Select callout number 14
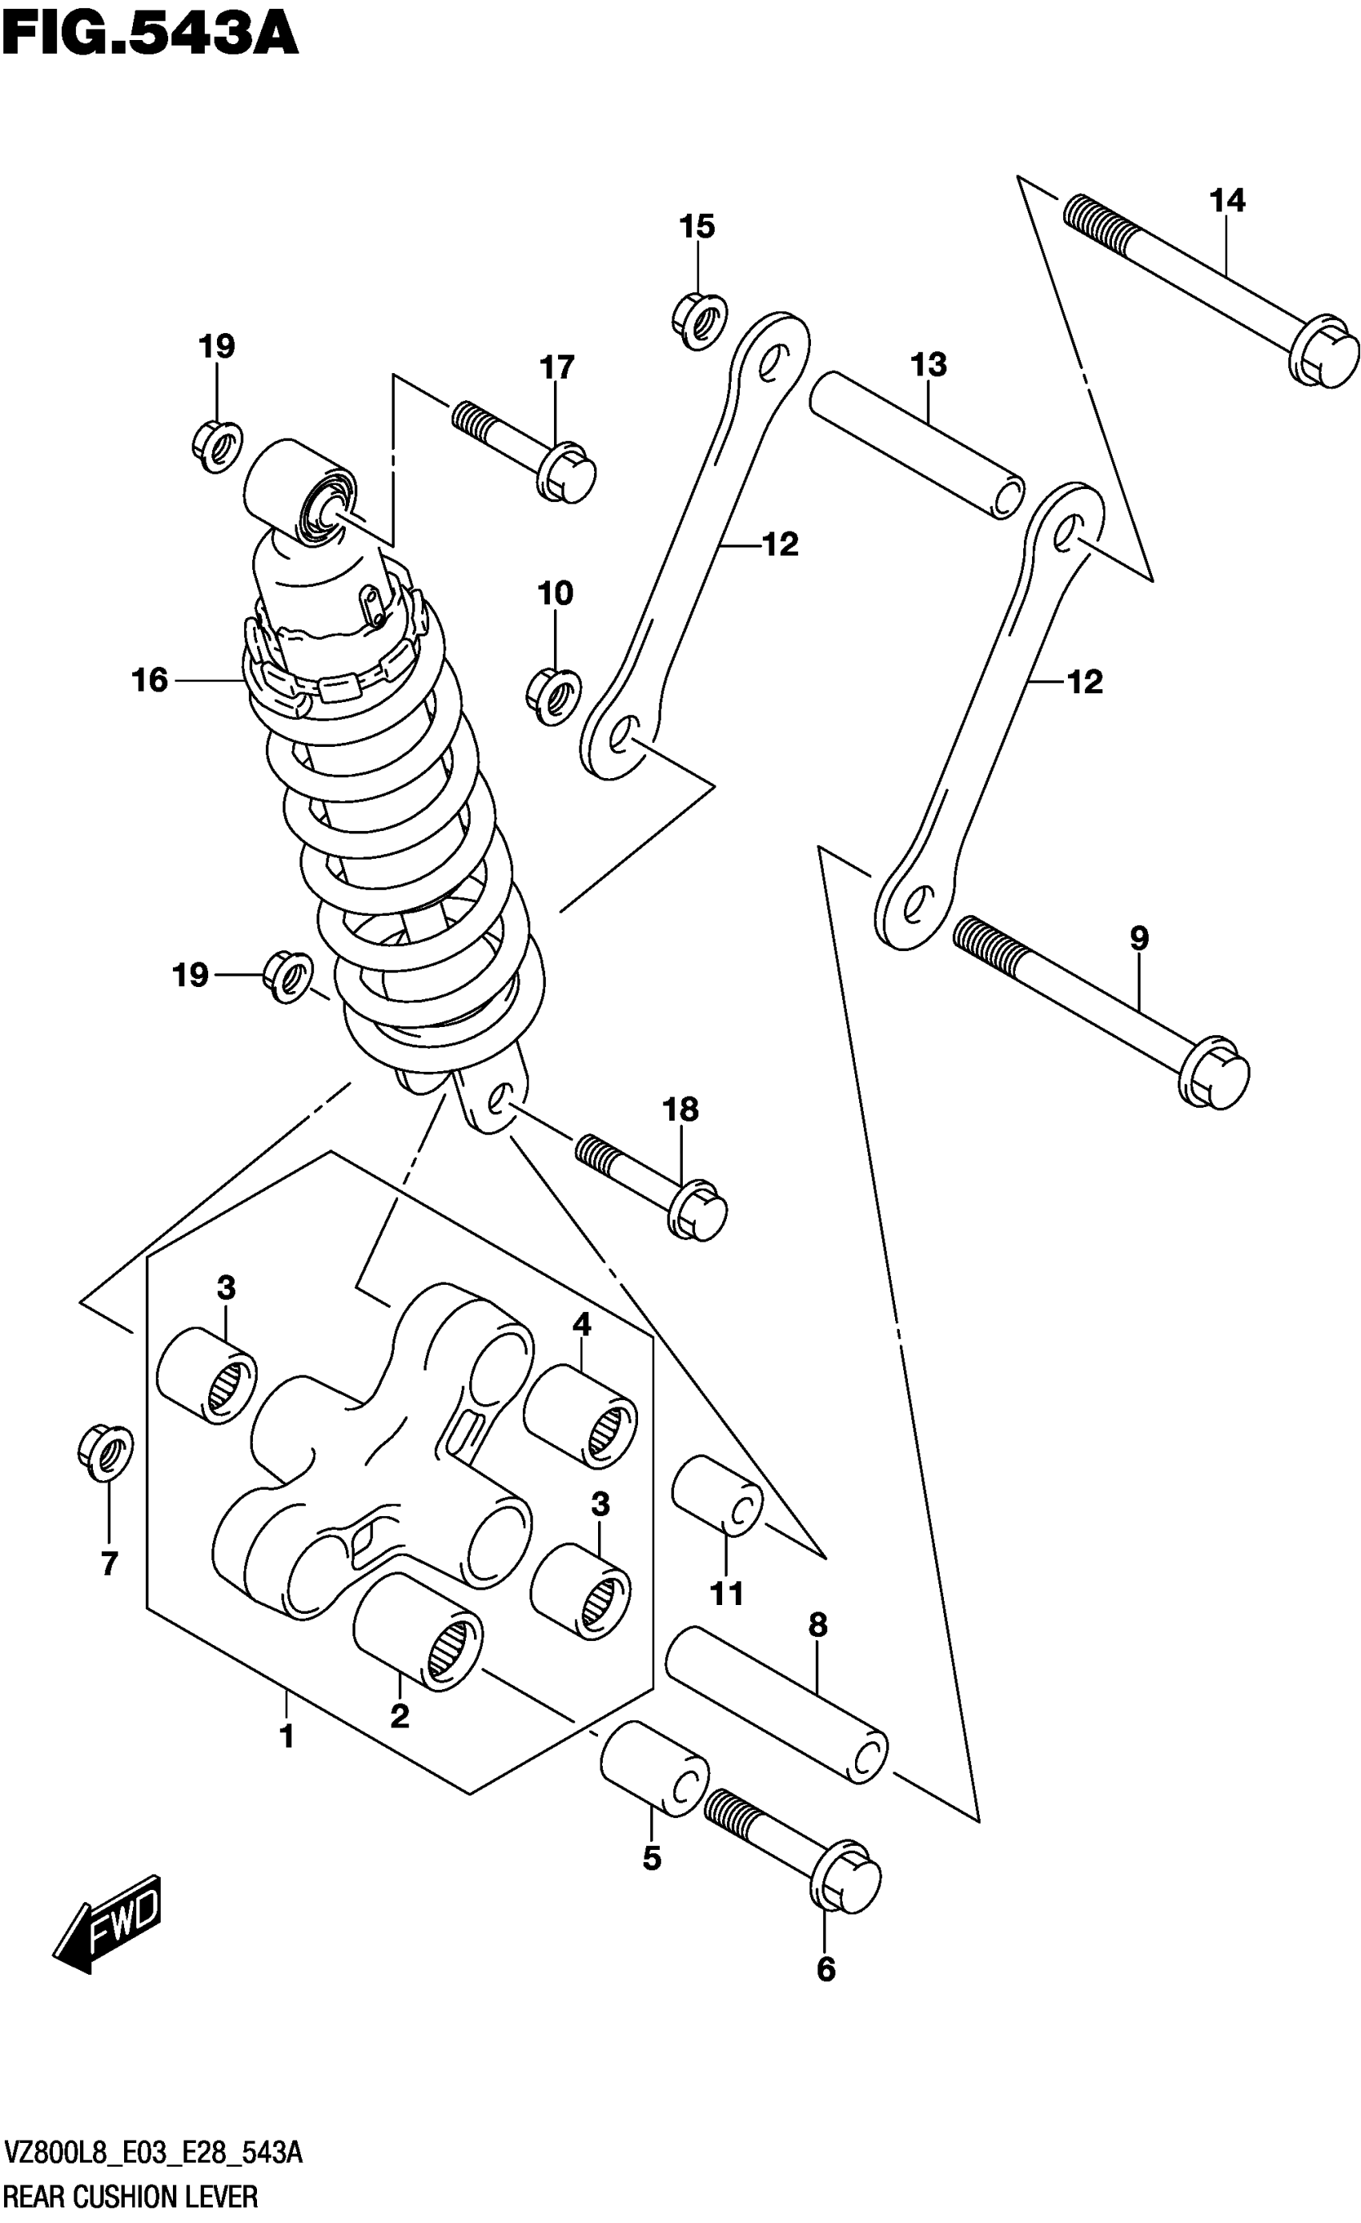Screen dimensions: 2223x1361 (x=1227, y=200)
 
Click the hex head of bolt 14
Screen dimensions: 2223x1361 (x=1324, y=352)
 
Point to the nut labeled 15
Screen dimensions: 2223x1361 (x=700, y=319)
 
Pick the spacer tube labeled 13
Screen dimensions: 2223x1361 (x=916, y=447)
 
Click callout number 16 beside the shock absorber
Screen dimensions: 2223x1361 (x=150, y=680)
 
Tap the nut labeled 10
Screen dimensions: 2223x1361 (x=553, y=696)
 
